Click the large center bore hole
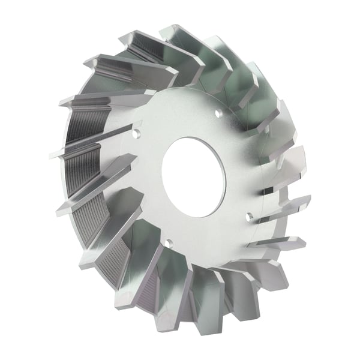click(x=193, y=177)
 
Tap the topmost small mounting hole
click(x=219, y=112)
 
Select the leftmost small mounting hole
click(x=137, y=134)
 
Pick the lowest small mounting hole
click(x=169, y=243)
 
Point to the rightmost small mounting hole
click(x=250, y=215)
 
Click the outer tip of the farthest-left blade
click(x=53, y=155)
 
